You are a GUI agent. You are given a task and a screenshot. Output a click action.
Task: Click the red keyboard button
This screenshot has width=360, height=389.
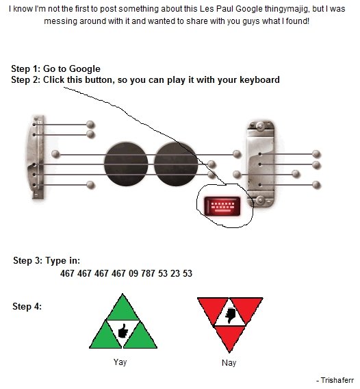[x=222, y=206]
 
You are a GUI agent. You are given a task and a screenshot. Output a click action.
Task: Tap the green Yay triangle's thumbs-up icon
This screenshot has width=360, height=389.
[x=123, y=331]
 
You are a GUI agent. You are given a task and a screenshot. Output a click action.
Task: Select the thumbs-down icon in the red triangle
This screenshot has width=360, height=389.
[x=230, y=315]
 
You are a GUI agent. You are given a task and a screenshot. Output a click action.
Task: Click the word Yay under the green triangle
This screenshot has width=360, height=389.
[x=120, y=362]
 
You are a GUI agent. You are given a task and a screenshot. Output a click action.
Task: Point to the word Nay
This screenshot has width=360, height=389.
[x=229, y=363]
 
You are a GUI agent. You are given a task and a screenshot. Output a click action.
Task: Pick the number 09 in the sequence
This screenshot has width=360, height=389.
[x=133, y=273]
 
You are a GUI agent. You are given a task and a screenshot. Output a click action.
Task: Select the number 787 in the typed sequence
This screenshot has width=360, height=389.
[x=148, y=273]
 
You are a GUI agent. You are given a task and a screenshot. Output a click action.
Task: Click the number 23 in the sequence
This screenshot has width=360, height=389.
[x=175, y=273]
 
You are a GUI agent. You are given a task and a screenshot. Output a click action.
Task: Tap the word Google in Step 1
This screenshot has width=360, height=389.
[x=85, y=68]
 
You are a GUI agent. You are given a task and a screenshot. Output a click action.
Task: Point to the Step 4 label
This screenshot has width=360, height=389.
[x=27, y=306]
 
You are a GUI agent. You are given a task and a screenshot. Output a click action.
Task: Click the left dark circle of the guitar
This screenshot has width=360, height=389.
[x=126, y=164]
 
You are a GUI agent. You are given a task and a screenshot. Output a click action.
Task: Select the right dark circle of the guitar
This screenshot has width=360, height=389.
[x=176, y=164]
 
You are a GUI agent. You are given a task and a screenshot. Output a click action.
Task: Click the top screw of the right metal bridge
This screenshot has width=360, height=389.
[x=260, y=126]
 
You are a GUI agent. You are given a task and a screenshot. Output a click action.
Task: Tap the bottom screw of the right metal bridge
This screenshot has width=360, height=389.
[x=260, y=200]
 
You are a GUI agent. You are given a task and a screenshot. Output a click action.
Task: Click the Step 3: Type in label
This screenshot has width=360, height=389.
[x=47, y=261]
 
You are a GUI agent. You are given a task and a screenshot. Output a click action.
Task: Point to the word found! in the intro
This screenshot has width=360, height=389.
[x=298, y=21]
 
